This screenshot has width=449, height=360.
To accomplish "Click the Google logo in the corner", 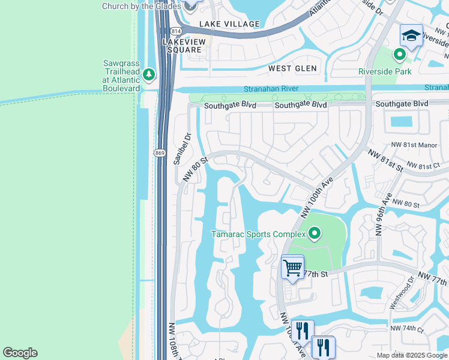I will (x=20, y=353).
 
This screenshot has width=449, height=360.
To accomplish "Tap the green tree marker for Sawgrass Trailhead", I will (x=148, y=75).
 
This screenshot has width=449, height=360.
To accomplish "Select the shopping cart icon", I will (x=292, y=268).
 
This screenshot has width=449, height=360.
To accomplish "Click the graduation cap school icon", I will (x=411, y=37).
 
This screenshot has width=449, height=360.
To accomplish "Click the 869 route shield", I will (x=160, y=154).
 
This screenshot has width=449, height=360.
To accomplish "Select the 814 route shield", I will (x=175, y=31).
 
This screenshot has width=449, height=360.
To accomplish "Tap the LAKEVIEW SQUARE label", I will (x=184, y=46).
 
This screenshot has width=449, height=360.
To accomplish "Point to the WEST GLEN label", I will (x=292, y=68).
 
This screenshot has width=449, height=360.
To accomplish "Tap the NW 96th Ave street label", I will (x=385, y=214).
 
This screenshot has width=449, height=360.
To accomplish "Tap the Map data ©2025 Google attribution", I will (x=411, y=355).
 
